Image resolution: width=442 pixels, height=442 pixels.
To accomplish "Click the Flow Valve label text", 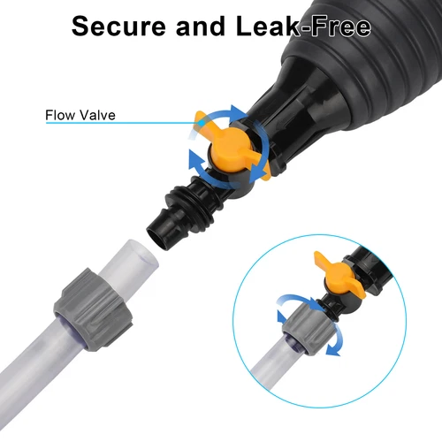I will pos(81,113).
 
